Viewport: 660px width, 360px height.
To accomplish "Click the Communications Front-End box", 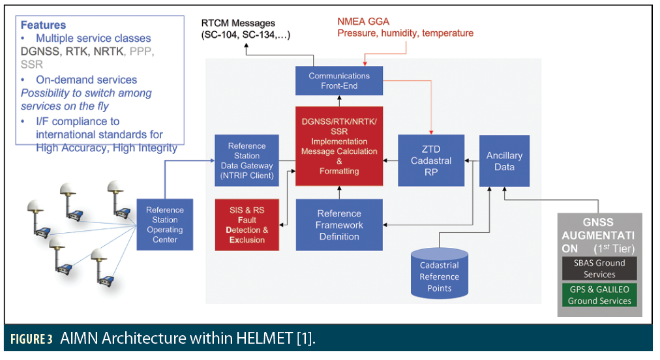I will pos(339,81).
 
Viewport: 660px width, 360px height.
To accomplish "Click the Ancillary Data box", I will pos(504,161).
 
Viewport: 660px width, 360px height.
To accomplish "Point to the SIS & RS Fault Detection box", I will pos(247,225).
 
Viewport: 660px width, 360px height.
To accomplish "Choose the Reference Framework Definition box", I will pos(339,225).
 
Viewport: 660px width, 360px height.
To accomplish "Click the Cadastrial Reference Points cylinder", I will pos(439,275).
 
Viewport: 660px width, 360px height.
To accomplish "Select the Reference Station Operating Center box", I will pos(165,225).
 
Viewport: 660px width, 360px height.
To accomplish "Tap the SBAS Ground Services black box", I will pos(599,268).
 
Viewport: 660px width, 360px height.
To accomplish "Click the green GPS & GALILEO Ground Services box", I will pos(599,294).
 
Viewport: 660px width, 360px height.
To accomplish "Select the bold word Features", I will pos(43,25).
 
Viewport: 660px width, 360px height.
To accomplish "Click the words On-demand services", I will pos(86,80).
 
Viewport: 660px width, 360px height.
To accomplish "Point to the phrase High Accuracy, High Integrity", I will pos(106,147).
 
